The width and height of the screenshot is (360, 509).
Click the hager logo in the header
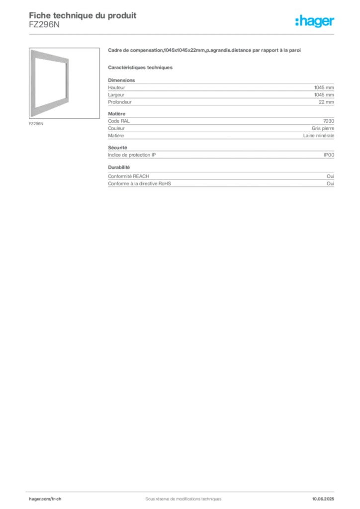click(315, 21)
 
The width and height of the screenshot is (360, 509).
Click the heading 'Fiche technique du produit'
click(83, 15)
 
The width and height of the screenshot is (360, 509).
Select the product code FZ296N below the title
click(44, 24)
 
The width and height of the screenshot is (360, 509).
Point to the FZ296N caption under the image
click(36, 124)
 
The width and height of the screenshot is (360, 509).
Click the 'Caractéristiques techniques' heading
click(140, 68)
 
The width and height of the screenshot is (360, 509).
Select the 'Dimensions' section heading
click(121, 80)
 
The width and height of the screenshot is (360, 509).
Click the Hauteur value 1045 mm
click(324, 87)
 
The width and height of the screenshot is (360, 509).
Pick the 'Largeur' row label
click(116, 95)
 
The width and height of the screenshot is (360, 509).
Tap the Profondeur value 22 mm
click(326, 102)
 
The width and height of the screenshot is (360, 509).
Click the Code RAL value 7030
click(329, 121)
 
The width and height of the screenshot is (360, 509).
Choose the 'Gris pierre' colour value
click(323, 128)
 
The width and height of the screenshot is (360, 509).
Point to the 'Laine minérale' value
click(318, 135)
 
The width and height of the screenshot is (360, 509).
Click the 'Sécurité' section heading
click(117, 147)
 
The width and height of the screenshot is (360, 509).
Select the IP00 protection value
click(329, 155)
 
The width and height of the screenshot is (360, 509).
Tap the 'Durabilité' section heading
click(119, 167)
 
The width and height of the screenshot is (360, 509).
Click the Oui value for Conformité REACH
click(331, 176)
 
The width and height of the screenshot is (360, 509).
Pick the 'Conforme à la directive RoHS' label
click(140, 183)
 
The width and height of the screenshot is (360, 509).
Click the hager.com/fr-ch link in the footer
click(45, 499)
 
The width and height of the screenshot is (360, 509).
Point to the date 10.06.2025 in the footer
click(323, 499)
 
